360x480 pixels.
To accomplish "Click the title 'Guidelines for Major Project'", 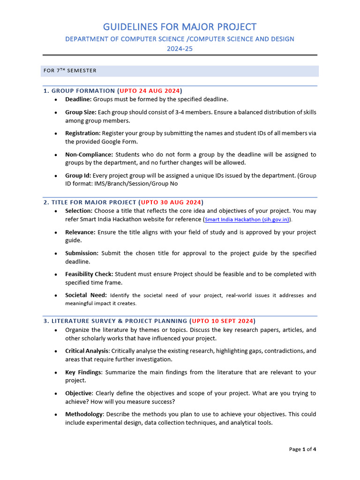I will point(180,27).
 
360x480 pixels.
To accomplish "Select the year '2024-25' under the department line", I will point(180,48).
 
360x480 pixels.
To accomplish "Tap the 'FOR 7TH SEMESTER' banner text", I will point(70,71).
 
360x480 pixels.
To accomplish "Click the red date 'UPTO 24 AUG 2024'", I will point(150,90).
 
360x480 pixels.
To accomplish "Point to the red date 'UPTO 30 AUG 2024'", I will point(171,202).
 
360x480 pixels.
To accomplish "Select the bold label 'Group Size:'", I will point(81,112).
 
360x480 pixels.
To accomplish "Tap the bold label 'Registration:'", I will point(82,133).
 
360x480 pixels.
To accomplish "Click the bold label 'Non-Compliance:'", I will point(89,154).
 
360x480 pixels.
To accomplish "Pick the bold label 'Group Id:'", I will point(78,175).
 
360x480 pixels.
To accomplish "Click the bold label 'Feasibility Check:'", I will point(89,274).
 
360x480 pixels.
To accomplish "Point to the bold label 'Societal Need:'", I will point(86,295).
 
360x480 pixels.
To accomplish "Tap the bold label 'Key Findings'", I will point(83,372).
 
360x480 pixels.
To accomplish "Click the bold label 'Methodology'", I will point(83,414).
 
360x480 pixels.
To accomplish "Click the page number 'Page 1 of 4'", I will point(302,449).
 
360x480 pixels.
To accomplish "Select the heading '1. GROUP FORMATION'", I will point(79,90).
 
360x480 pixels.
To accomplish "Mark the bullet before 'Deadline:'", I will point(56,100).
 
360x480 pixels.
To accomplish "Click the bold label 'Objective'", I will point(78,393).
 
